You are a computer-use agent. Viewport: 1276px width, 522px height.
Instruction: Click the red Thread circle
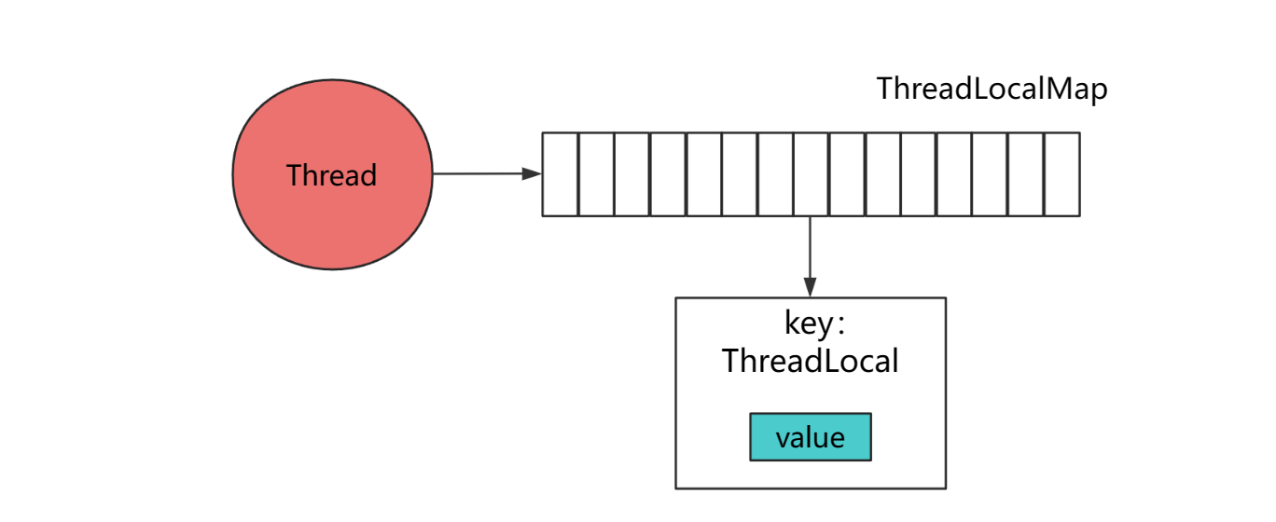coord(332,174)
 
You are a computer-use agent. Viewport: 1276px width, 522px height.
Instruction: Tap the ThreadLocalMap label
coord(992,90)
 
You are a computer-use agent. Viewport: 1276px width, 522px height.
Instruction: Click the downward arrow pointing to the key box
coord(810,255)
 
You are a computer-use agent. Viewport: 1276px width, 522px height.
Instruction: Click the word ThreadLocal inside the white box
coord(810,361)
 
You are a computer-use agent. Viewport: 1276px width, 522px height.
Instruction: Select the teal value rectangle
coord(810,437)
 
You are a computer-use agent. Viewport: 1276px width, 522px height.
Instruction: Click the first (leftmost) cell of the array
coord(561,174)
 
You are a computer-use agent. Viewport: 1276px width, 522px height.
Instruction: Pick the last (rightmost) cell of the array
coord(1061,174)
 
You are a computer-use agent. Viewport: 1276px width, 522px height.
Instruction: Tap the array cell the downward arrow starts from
coord(811,174)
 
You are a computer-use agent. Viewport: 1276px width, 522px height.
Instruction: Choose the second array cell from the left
coord(596,174)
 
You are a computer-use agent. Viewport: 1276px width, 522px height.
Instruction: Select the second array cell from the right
coord(1026,174)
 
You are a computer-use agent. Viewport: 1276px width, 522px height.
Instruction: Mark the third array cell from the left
coord(631,174)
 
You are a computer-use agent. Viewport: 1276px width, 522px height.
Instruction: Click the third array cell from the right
coord(991,174)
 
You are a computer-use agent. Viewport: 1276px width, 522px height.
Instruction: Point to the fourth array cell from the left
coord(668,174)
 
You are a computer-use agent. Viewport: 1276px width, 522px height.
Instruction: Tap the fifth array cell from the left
coord(703,174)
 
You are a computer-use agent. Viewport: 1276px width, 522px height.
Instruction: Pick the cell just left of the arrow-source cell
coord(775,174)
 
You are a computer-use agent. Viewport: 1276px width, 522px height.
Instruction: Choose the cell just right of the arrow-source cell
coord(847,174)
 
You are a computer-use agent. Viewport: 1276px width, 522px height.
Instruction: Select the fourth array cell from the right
coord(954,174)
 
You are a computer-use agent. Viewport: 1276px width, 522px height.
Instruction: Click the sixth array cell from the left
coord(740,174)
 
